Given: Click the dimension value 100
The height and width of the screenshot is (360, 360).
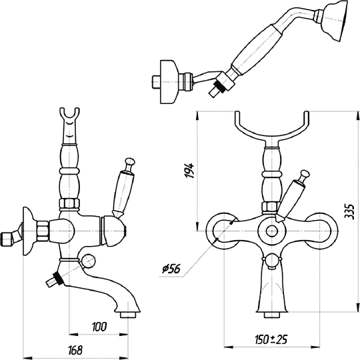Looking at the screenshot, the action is point(99,327).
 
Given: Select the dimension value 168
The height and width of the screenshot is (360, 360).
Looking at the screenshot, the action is point(75,350).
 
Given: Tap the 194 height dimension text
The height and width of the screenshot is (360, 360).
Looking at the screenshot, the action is point(189,171).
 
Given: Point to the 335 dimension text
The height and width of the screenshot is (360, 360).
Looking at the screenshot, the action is point(350,211).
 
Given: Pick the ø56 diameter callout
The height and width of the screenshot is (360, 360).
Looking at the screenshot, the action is point(171,269).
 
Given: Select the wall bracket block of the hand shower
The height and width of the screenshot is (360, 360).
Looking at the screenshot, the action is point(169,82).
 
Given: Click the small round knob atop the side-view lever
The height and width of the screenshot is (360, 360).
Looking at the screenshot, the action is point(129,162).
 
